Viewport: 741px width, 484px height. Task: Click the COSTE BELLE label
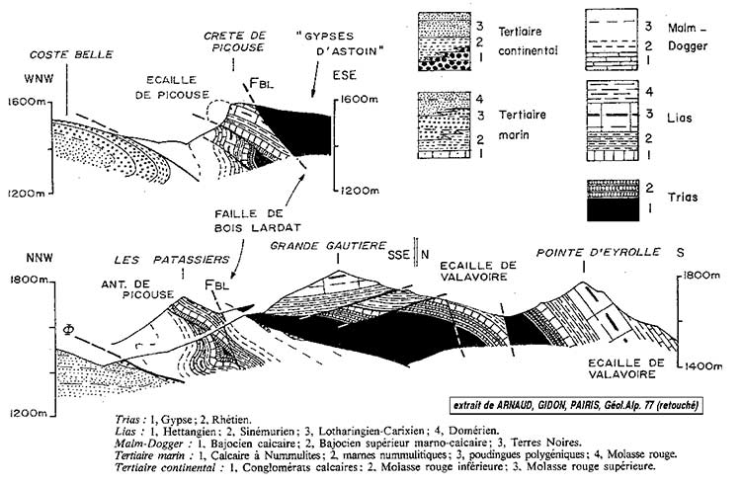coord(56,54)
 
